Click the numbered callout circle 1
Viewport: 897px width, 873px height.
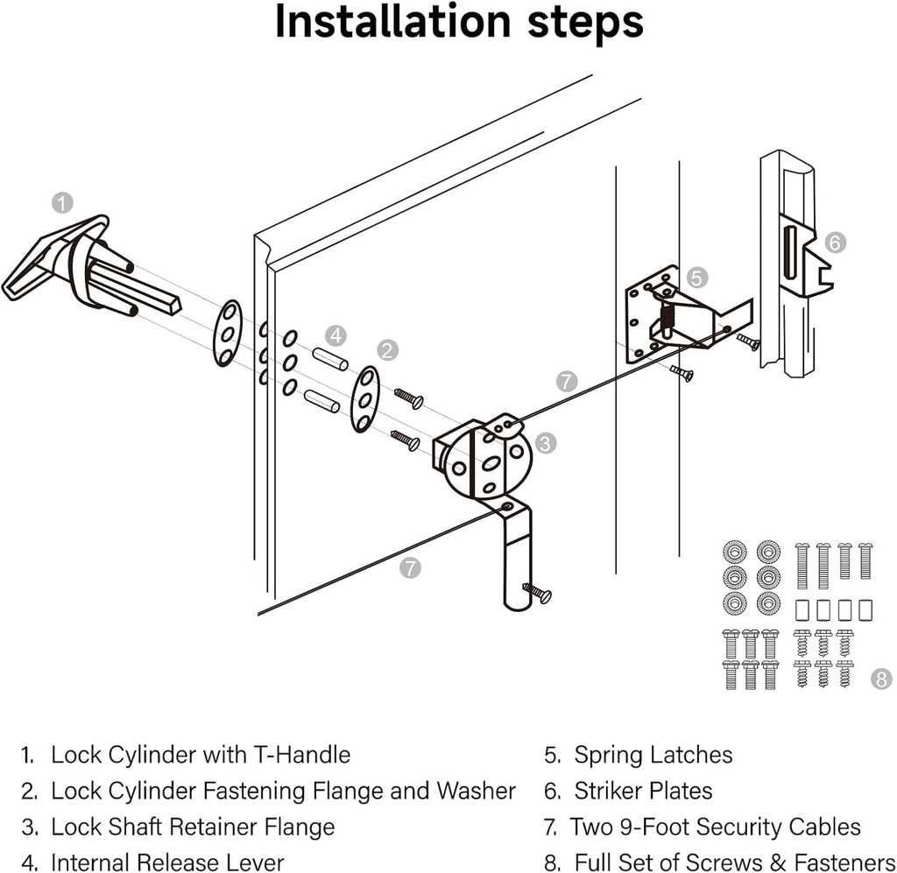(62, 204)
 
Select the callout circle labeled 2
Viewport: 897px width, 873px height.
(387, 350)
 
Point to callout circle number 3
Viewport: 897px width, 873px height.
(545, 443)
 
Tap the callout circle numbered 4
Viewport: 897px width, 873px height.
(336, 334)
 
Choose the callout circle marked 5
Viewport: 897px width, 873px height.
(696, 278)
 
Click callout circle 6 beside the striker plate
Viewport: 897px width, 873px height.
(836, 243)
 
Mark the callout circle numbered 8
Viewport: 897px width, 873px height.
(881, 678)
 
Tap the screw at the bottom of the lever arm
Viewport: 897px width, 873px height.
(537, 593)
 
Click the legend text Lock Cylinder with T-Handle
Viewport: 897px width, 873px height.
(201, 755)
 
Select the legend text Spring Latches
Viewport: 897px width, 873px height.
(653, 755)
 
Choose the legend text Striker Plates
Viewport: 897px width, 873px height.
(643, 791)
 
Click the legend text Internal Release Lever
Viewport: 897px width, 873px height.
(167, 862)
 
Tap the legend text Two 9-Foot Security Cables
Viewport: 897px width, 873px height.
(715, 827)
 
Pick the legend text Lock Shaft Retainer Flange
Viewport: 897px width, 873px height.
(193, 827)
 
